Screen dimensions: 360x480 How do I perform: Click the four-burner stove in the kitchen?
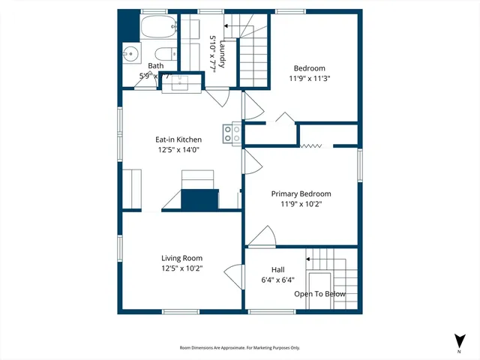232,133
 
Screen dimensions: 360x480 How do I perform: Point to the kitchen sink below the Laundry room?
180,82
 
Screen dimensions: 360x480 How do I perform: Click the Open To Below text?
319,294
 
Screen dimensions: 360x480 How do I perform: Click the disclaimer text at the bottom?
240,348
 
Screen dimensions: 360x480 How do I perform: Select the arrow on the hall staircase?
309,258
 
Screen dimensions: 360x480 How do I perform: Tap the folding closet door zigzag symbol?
311,145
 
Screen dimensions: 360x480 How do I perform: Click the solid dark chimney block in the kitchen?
199,200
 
